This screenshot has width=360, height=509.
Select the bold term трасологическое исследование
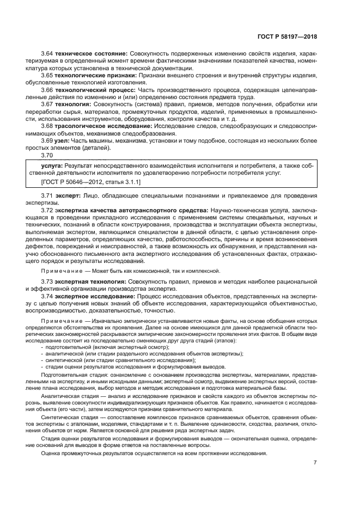pos(102,125)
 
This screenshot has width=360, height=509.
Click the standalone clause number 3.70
pos(47,154)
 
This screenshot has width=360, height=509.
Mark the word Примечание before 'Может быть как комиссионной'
pos(59,270)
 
